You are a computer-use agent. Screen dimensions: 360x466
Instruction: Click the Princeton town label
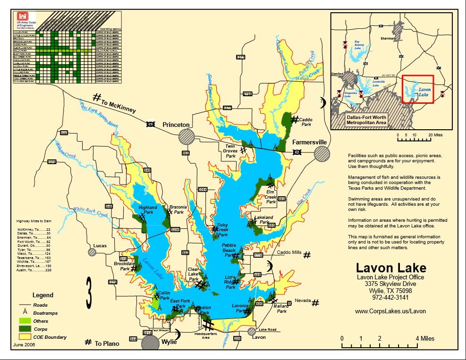176,125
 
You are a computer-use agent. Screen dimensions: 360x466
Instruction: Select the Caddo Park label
305,122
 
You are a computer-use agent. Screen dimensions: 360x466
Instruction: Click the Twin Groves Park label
230,151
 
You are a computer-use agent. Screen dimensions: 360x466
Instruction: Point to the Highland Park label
148,209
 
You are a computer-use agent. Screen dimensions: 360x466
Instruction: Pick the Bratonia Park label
178,209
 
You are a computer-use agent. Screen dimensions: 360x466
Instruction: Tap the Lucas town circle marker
92,252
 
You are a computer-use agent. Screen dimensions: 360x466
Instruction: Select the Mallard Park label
281,309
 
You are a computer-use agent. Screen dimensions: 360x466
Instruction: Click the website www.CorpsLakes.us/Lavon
390,311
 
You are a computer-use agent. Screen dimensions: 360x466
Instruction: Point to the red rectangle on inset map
417,89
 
